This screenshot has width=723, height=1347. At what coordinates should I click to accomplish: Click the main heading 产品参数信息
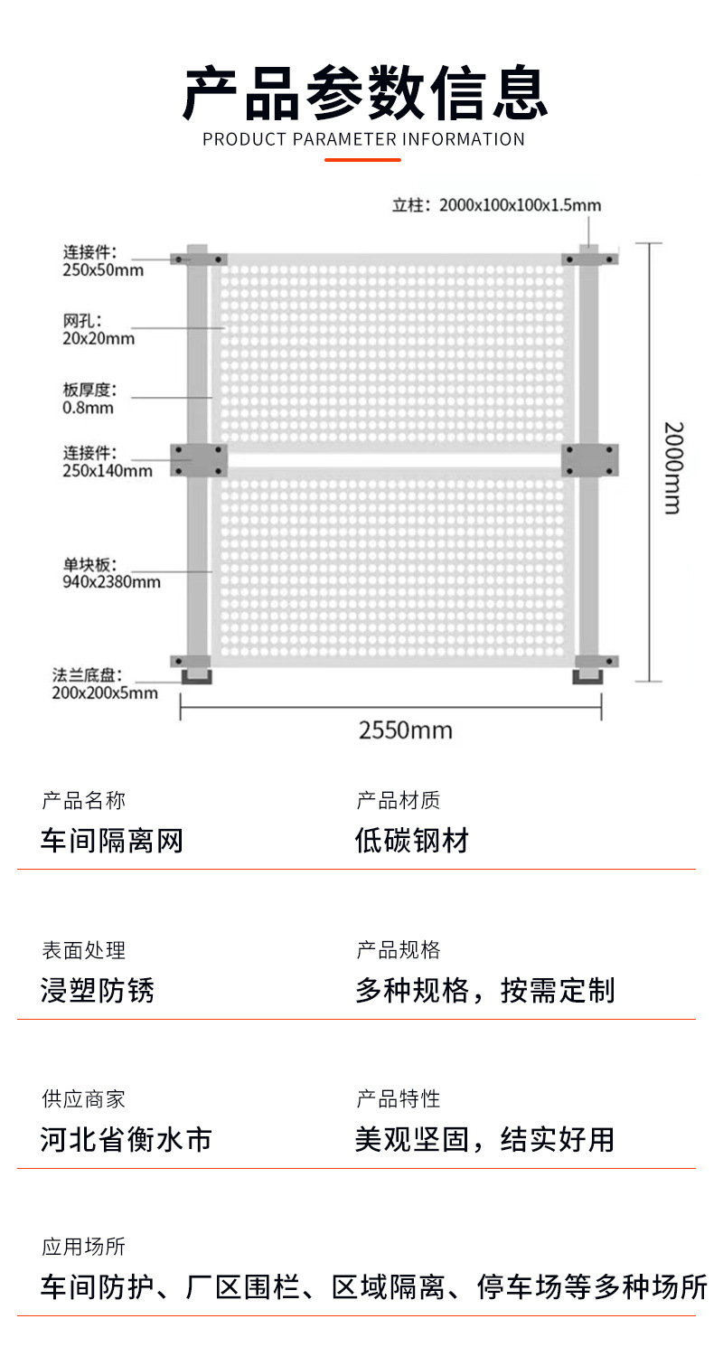coord(364,92)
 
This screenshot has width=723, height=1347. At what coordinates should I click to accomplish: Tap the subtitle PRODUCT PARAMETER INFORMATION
coord(363,139)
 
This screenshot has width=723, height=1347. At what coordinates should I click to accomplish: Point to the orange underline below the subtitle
coord(362,160)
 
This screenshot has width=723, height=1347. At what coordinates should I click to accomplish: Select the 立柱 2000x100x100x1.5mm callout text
coord(496,205)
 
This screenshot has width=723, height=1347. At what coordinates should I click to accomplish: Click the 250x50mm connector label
coord(102,260)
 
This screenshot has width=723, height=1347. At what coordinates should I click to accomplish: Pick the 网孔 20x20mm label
coord(99,329)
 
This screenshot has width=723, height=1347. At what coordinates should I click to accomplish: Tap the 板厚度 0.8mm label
coord(89,399)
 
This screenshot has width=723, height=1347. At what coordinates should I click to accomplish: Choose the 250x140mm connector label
coord(107,461)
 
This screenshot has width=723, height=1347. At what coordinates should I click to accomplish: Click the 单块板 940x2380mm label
coord(111,572)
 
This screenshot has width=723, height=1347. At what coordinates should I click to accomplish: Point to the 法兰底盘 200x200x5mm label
coord(104,684)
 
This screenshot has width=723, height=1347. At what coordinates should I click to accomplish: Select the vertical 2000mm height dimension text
coord(672,467)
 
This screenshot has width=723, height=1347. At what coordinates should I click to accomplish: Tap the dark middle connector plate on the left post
coord(201,460)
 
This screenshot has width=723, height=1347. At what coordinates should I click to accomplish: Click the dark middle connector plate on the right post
coord(590,460)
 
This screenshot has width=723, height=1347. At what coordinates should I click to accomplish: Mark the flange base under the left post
coord(196,676)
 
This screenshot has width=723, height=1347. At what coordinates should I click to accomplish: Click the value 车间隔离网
coord(112,842)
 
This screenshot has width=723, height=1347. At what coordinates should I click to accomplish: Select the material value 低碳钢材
coord(412,842)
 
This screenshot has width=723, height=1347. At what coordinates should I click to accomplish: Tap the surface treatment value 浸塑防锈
coord(98,991)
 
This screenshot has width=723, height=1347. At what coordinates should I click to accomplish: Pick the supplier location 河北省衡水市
coord(127,1139)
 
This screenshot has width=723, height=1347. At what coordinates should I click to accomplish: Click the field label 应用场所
coord(83,1248)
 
